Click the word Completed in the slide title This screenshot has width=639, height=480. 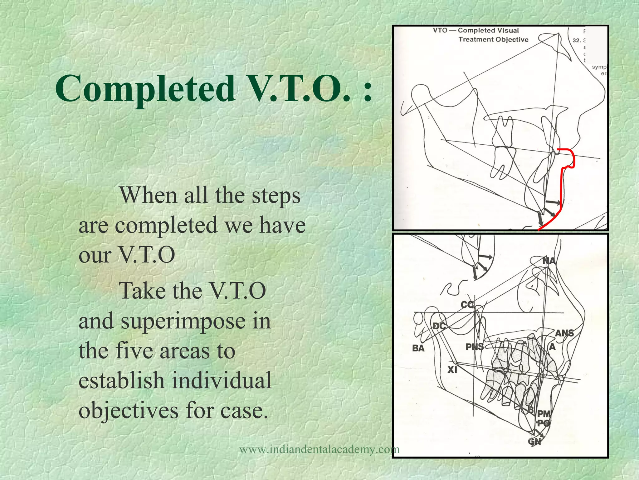pyautogui.click(x=145, y=89)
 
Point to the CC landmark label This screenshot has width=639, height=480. pyautogui.click(x=467, y=304)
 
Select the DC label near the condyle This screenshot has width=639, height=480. pyautogui.click(x=439, y=326)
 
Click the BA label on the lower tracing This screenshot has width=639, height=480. pyautogui.click(x=418, y=348)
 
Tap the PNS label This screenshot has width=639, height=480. pyautogui.click(x=474, y=347)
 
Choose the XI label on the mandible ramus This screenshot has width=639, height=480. pyautogui.click(x=452, y=370)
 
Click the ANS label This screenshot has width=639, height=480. pyautogui.click(x=564, y=333)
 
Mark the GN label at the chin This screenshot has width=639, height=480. pyautogui.click(x=534, y=441)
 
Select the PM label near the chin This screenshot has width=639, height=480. pyautogui.click(x=544, y=414)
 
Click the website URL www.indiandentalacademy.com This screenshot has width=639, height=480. pyautogui.click(x=319, y=449)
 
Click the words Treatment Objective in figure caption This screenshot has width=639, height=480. pyautogui.click(x=493, y=39)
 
